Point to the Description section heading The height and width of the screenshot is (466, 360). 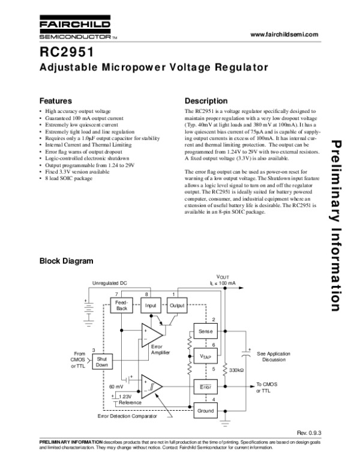[x=206, y=100]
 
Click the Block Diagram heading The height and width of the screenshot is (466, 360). [x=66, y=261]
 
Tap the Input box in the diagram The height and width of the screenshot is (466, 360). [x=151, y=305]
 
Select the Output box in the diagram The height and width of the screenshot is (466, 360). [x=177, y=305]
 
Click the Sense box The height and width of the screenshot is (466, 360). [x=205, y=331]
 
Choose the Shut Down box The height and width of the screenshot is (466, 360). [x=102, y=361]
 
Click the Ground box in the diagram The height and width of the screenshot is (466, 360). [x=205, y=411]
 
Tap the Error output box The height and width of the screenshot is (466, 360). [x=205, y=387]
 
